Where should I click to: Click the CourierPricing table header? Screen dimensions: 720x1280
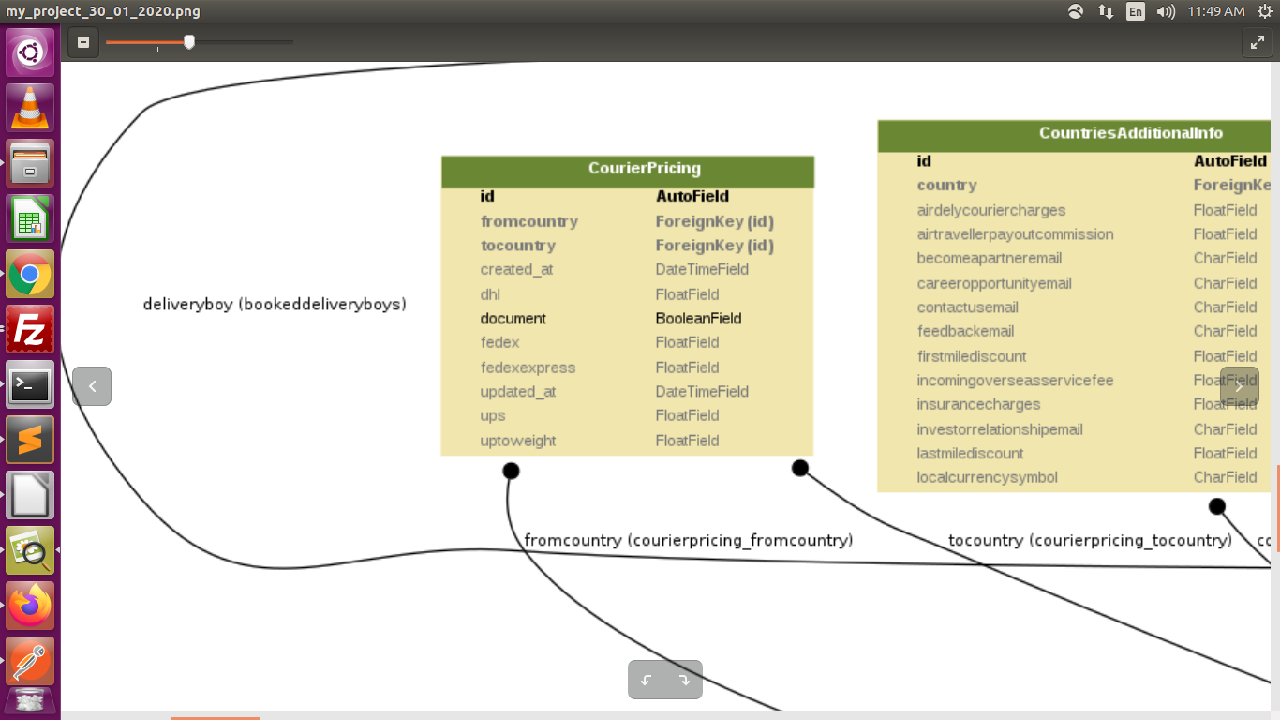coord(644,169)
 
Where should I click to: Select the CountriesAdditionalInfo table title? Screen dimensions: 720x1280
coord(1130,133)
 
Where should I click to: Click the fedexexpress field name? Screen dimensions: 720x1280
coord(528,367)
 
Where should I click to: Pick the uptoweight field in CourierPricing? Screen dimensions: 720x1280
coord(518,441)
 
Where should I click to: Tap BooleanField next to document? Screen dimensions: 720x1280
coord(698,319)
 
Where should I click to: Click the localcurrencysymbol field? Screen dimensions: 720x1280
coord(987,477)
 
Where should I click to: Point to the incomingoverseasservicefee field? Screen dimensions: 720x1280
coord(1015,381)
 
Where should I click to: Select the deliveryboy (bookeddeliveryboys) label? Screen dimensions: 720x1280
coord(275,304)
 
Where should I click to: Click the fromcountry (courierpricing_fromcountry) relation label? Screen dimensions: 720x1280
coord(689,540)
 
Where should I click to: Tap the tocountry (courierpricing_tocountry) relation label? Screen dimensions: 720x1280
coord(1090,540)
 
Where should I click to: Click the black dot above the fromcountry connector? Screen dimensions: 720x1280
coord(511,471)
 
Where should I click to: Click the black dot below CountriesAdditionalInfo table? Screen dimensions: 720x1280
coord(1216,506)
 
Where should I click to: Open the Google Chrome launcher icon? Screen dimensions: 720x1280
coord(30,275)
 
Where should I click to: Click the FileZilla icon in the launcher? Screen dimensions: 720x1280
coord(30,330)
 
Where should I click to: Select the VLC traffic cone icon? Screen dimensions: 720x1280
coord(30,108)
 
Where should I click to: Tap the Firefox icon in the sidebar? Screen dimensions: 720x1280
coord(30,606)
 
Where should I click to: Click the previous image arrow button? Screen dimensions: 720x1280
coord(92,386)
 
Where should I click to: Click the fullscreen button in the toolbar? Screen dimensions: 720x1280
coord(1257,42)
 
